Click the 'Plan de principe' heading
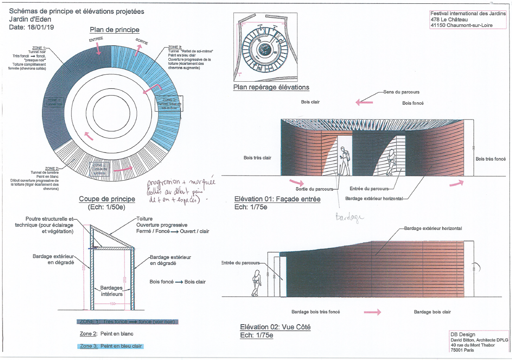coord(114,30)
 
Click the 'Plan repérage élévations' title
coord(271,87)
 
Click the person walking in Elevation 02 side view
coord(255,283)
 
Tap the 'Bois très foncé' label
coord(491,159)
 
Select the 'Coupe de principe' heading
coord(107,199)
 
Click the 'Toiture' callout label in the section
coord(144,219)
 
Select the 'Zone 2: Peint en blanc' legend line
coord(107,334)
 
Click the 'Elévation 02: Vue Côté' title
coord(275,327)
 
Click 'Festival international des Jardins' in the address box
coord(468,13)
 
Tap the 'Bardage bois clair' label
coord(432,312)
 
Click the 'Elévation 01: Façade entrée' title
coord(277,199)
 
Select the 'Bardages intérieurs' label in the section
coord(111,291)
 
